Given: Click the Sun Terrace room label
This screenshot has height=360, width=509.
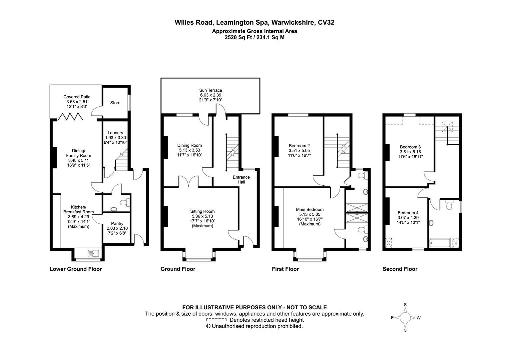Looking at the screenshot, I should [211, 90].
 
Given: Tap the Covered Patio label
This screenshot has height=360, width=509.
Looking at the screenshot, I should [77, 97].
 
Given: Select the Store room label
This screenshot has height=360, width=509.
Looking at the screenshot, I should [115, 103].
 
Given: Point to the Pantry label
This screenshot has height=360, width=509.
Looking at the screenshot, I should [117, 223].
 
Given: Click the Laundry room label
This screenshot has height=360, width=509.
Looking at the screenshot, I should [115, 133].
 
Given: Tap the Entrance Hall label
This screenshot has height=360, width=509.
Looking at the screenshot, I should [241, 180].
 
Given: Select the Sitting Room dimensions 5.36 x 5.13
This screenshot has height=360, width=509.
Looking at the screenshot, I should [202, 216].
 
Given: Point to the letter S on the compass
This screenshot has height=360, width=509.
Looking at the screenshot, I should [405, 305].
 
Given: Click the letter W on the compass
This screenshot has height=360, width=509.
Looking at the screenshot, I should [419, 318].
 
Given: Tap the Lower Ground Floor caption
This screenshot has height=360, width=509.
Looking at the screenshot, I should [76, 269].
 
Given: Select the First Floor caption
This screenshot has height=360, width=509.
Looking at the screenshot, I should [285, 269].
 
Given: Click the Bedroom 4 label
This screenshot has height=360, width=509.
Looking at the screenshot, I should [408, 213].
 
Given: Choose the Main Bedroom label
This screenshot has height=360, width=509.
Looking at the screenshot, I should [310, 209].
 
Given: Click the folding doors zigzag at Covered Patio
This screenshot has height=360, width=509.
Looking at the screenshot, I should [71, 117].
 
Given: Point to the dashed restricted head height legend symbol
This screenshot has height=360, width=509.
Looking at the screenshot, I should [216, 320].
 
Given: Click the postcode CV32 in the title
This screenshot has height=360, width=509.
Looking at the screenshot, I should [326, 23].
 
